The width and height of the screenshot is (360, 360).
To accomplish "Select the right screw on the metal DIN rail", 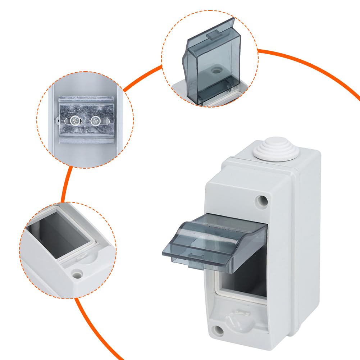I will (x=96, y=120).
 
